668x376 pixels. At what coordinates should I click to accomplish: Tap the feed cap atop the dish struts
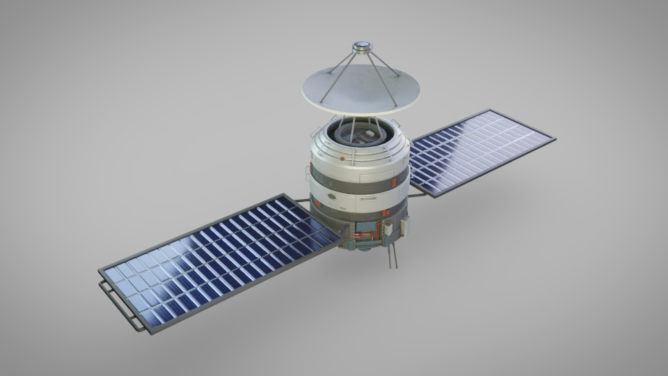361,48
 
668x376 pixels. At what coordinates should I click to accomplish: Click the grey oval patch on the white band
331,197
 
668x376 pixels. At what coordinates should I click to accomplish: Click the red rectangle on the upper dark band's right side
394,182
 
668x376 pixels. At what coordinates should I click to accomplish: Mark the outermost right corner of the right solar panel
555,139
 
